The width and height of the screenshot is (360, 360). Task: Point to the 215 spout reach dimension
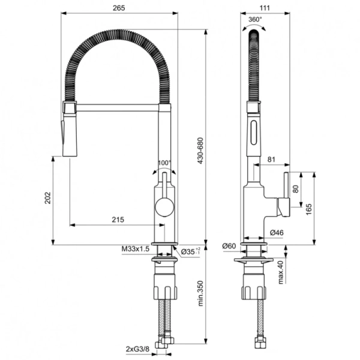[118, 220]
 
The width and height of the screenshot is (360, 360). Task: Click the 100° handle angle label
[164, 163]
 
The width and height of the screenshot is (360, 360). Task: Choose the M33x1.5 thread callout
[134, 249]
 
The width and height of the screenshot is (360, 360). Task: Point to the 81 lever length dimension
[272, 160]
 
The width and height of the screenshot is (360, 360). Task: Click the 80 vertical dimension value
[295, 188]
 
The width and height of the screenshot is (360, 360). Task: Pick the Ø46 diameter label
[277, 232]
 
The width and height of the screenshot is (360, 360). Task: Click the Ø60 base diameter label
[230, 245]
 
